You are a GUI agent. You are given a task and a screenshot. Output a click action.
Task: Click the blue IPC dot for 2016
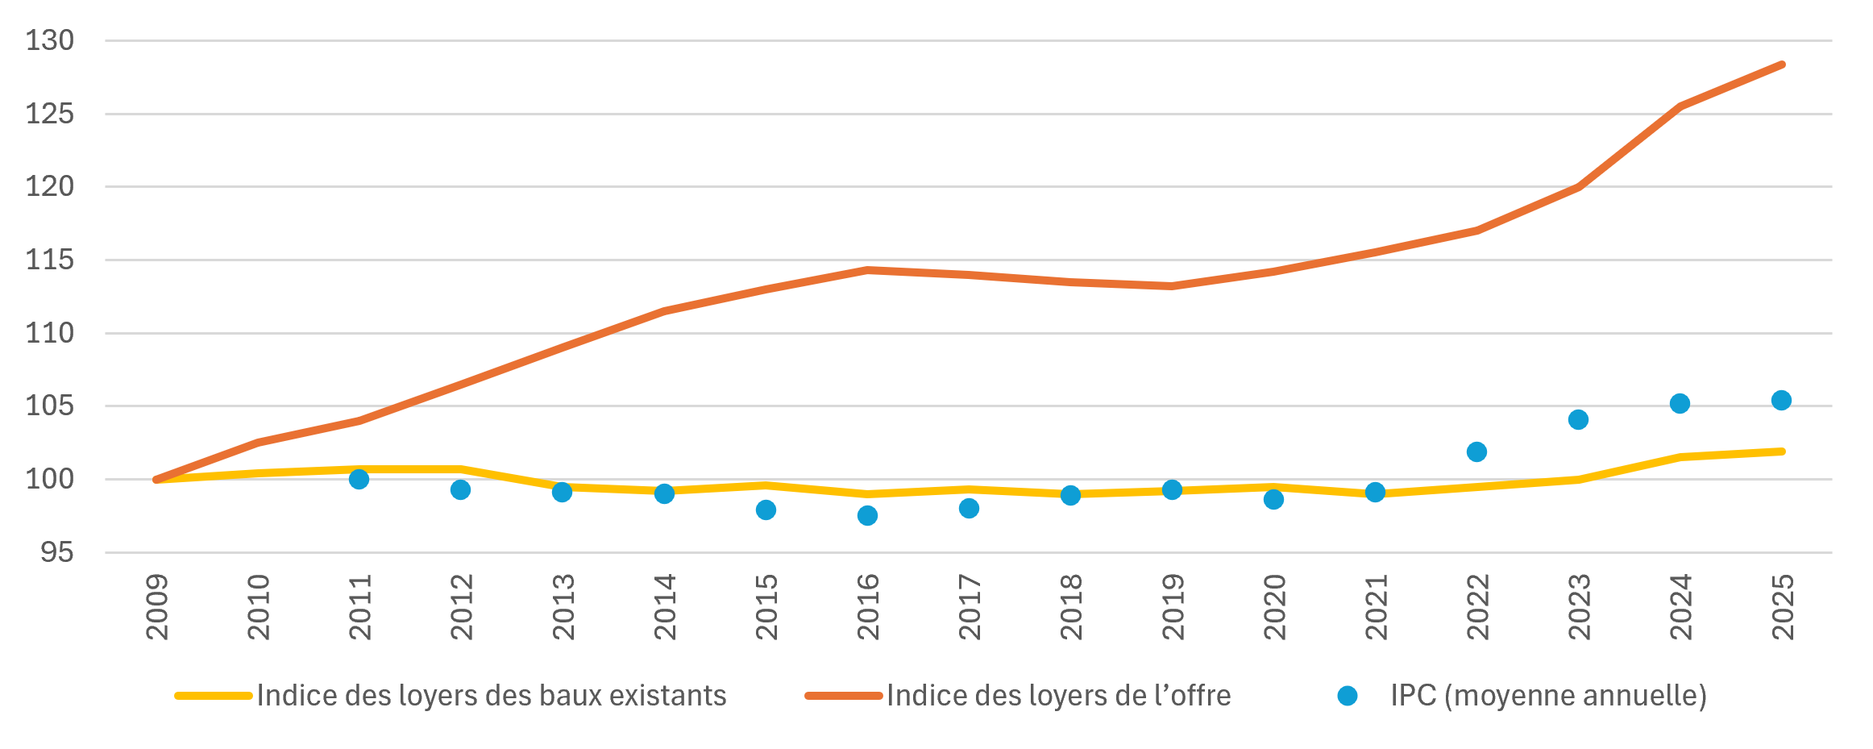[867, 515]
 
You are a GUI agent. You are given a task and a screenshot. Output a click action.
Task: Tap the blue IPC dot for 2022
[1476, 451]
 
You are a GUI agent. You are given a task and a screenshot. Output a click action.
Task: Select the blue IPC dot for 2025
[1781, 400]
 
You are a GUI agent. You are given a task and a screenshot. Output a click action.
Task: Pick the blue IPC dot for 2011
[359, 479]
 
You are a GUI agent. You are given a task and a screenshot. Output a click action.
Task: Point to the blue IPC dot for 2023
[1578, 419]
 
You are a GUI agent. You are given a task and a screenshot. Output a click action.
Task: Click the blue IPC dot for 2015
[766, 510]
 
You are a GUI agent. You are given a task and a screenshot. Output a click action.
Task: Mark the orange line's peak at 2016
[867, 269]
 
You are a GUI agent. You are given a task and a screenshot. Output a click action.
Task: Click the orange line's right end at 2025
[1782, 64]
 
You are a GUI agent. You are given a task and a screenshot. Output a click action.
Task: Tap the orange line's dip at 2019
[1172, 286]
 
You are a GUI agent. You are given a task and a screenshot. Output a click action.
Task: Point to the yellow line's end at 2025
[1782, 451]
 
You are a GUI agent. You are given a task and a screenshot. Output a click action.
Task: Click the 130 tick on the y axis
[50, 40]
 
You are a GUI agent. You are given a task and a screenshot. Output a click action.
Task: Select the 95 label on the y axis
[57, 552]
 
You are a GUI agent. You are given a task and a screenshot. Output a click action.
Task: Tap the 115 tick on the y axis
[50, 260]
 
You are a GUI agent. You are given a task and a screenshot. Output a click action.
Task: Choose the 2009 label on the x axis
[156, 607]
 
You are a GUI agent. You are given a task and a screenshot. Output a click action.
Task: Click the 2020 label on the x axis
[1273, 607]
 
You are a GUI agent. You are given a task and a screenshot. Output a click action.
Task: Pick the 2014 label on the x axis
[664, 607]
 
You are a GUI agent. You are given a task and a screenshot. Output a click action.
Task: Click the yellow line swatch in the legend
[214, 696]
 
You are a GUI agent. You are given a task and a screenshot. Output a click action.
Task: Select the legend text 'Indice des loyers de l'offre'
[1059, 695]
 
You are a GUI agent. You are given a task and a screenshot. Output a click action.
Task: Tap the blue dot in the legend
[1347, 696]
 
